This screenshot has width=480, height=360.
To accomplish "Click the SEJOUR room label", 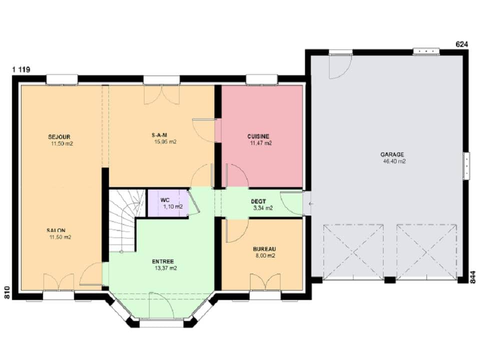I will [x=59, y=136].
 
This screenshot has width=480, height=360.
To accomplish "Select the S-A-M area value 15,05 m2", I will [x=165, y=142].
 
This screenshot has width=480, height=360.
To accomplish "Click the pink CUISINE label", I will [x=258, y=136].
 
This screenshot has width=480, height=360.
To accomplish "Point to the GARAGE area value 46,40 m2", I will [x=393, y=162].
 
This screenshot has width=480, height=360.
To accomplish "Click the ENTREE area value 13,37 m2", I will [x=165, y=268].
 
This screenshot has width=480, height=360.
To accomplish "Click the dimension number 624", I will [x=461, y=44].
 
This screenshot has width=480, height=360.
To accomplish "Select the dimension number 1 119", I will [x=21, y=69].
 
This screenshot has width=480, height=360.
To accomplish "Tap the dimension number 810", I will [x=7, y=292].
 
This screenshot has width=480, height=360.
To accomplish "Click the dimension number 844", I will [x=473, y=277].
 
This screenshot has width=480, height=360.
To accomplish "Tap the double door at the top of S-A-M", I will [x=161, y=94].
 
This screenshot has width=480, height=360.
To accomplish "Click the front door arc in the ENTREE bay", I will [x=161, y=306].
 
